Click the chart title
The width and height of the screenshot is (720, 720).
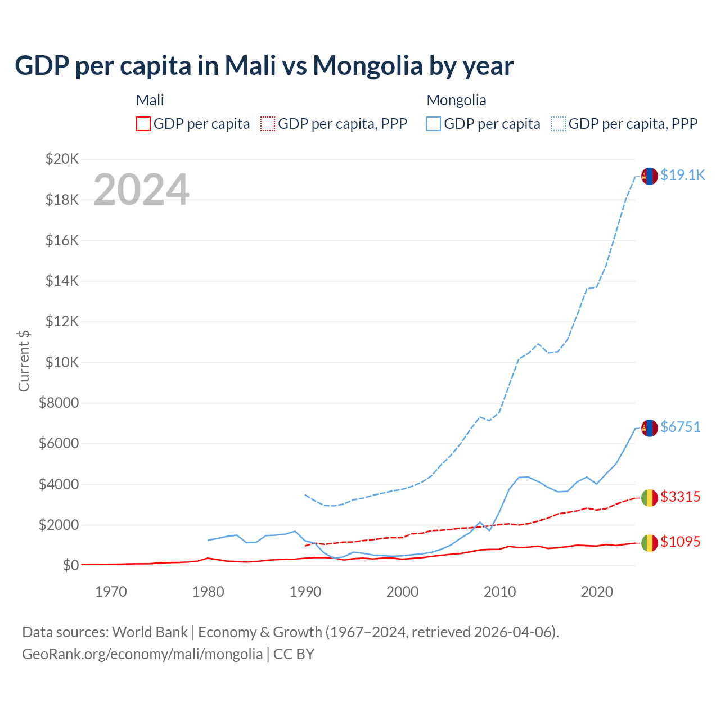point(264,65)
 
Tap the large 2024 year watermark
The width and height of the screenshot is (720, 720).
point(141,190)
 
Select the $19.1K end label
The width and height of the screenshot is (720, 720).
point(682,175)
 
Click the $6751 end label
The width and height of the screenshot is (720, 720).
point(680,427)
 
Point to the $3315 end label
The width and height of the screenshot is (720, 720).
point(680,497)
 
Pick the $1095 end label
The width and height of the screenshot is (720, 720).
point(680,542)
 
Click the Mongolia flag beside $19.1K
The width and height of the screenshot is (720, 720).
point(650,176)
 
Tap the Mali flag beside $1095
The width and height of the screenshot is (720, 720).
point(650,543)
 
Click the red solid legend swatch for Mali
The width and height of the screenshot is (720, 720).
point(143,124)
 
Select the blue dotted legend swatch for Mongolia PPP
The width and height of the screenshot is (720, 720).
point(559,124)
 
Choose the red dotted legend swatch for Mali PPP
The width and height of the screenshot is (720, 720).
point(268,124)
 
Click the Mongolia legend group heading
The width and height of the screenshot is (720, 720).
point(456,100)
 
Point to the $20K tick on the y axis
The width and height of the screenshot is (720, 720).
point(62,159)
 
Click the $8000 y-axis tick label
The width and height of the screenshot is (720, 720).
point(58,403)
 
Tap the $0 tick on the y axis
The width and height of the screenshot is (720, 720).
point(70,565)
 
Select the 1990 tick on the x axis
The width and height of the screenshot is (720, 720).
point(305,592)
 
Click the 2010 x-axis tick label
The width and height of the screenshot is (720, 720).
point(499,592)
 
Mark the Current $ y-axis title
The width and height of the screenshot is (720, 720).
point(24,361)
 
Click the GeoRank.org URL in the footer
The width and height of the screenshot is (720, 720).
point(142,654)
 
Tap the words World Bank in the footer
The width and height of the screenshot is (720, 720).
point(150,632)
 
